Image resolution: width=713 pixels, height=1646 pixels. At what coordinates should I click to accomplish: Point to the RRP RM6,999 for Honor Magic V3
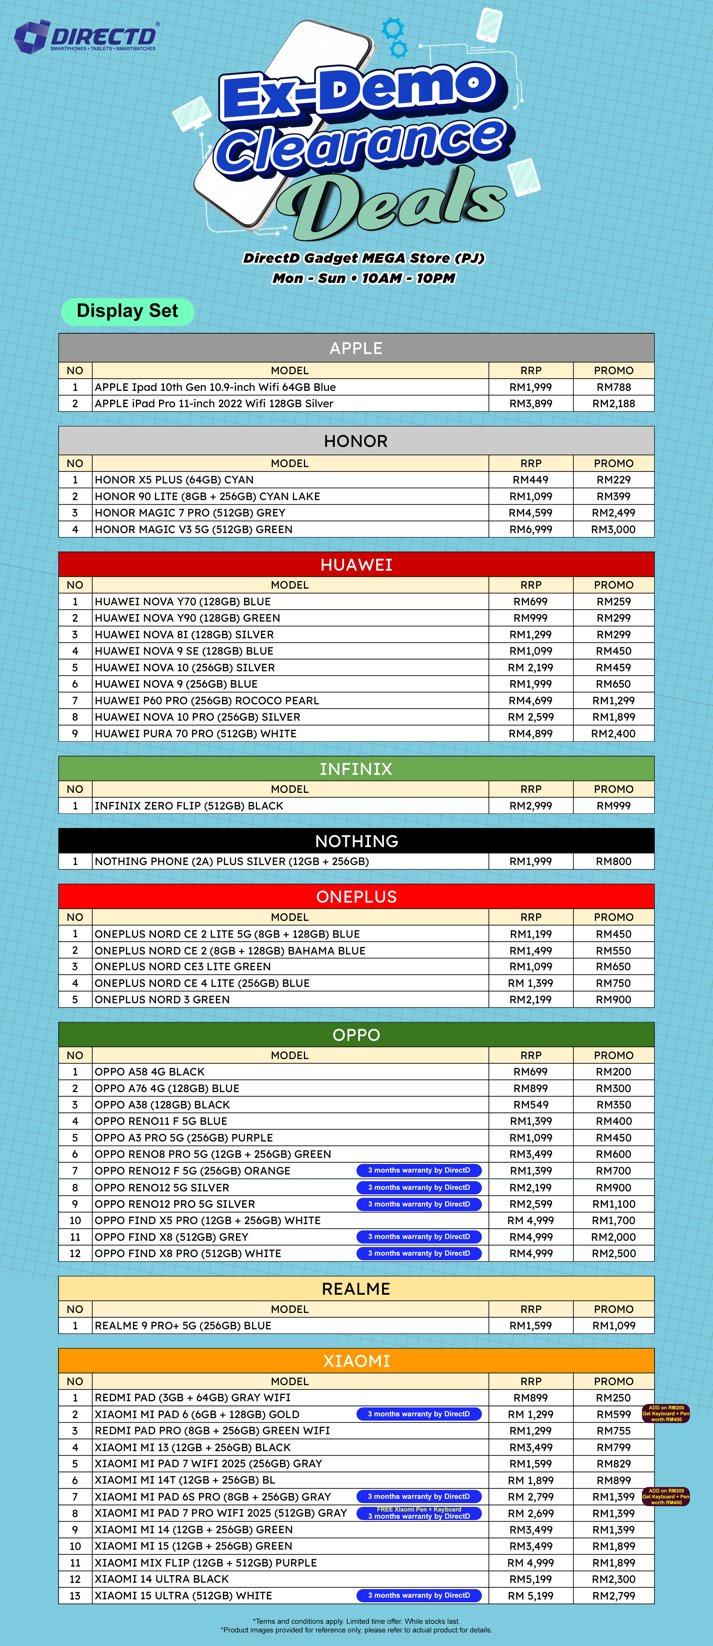(x=530, y=529)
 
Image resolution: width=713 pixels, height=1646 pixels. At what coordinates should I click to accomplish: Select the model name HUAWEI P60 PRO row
(x=207, y=700)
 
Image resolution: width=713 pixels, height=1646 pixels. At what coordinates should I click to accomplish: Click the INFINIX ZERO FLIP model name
(x=189, y=806)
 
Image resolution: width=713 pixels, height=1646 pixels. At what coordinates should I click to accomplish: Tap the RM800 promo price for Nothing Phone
(x=613, y=861)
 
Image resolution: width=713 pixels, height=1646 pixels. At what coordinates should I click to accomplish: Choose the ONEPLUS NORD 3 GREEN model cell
(x=162, y=999)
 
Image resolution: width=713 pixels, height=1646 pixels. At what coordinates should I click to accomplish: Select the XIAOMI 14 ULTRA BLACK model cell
(x=162, y=1579)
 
